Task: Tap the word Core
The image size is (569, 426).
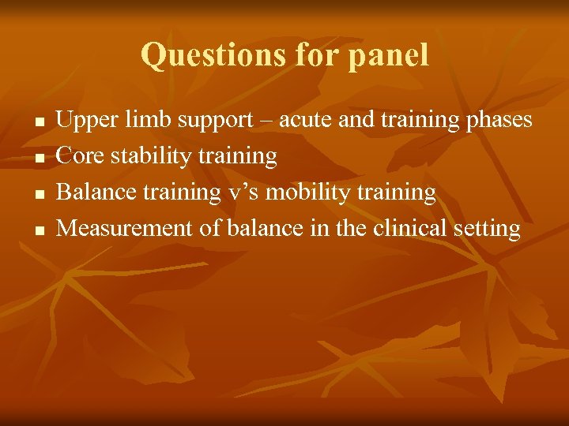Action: pyautogui.click(x=81, y=156)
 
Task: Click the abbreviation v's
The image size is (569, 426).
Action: pyautogui.click(x=244, y=192)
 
